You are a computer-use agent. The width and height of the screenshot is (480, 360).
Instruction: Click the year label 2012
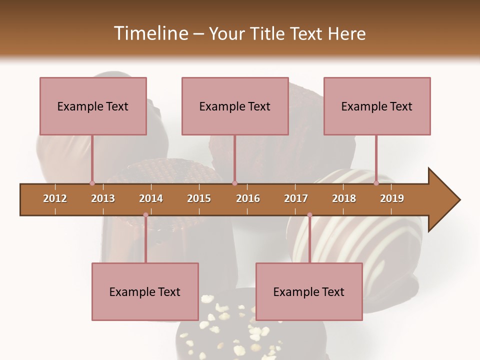[55, 198]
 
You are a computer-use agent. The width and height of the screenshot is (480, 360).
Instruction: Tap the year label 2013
[103, 198]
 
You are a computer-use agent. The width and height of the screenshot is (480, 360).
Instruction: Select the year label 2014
[151, 198]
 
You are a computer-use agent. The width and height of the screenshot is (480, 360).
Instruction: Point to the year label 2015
[199, 198]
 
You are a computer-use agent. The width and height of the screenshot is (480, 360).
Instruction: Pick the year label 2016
[248, 198]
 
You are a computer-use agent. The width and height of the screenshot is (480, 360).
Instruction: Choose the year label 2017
[296, 198]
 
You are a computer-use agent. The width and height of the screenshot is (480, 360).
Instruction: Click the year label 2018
[344, 198]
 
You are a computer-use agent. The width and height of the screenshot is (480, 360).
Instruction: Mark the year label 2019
[392, 198]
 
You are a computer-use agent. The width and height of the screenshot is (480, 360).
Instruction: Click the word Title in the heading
[268, 33]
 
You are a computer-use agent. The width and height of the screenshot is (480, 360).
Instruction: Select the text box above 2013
[93, 106]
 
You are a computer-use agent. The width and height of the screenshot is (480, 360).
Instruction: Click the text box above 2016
[235, 106]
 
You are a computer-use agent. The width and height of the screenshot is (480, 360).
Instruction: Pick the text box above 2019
[377, 106]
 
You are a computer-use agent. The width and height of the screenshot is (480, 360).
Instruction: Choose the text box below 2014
[145, 291]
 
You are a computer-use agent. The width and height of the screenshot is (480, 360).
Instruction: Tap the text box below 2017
[309, 291]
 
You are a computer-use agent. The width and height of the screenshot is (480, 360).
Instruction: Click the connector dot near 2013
[92, 183]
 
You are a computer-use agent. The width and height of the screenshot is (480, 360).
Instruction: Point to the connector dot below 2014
[145, 215]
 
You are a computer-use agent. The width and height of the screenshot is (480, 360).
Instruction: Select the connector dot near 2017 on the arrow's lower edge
[309, 215]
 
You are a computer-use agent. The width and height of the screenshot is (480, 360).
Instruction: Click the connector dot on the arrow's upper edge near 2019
[376, 183]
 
